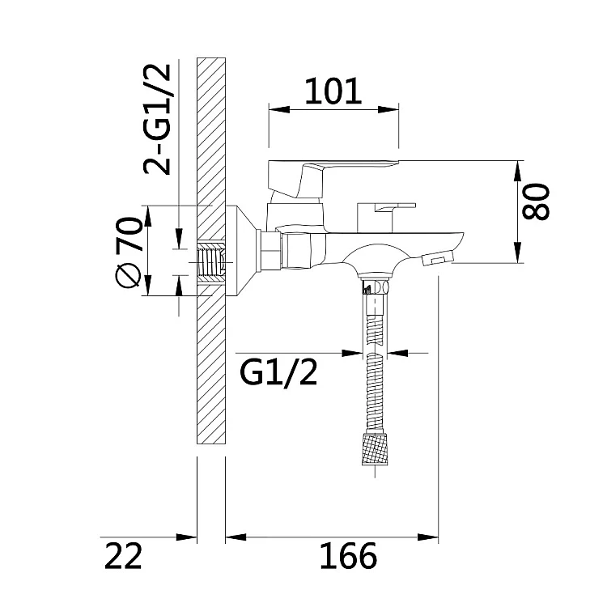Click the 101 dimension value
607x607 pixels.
(x=333, y=91)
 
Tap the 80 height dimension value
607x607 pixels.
(x=536, y=202)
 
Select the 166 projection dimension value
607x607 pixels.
(x=348, y=555)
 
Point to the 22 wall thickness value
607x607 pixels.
(x=124, y=555)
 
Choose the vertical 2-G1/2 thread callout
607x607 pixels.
(x=157, y=119)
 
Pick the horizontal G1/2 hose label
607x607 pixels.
(x=278, y=372)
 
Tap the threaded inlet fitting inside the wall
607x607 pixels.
(x=211, y=263)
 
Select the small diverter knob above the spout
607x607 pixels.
(x=386, y=217)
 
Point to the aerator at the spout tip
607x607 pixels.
(x=438, y=259)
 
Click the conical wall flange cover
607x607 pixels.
(x=241, y=251)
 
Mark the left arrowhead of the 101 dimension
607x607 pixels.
(x=279, y=109)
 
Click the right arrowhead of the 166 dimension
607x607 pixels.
(x=428, y=537)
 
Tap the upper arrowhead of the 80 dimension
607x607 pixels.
(x=517, y=171)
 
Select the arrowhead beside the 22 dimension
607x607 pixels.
(x=187, y=537)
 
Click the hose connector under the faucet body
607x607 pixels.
(x=375, y=286)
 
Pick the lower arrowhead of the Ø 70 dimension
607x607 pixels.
(x=148, y=286)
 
